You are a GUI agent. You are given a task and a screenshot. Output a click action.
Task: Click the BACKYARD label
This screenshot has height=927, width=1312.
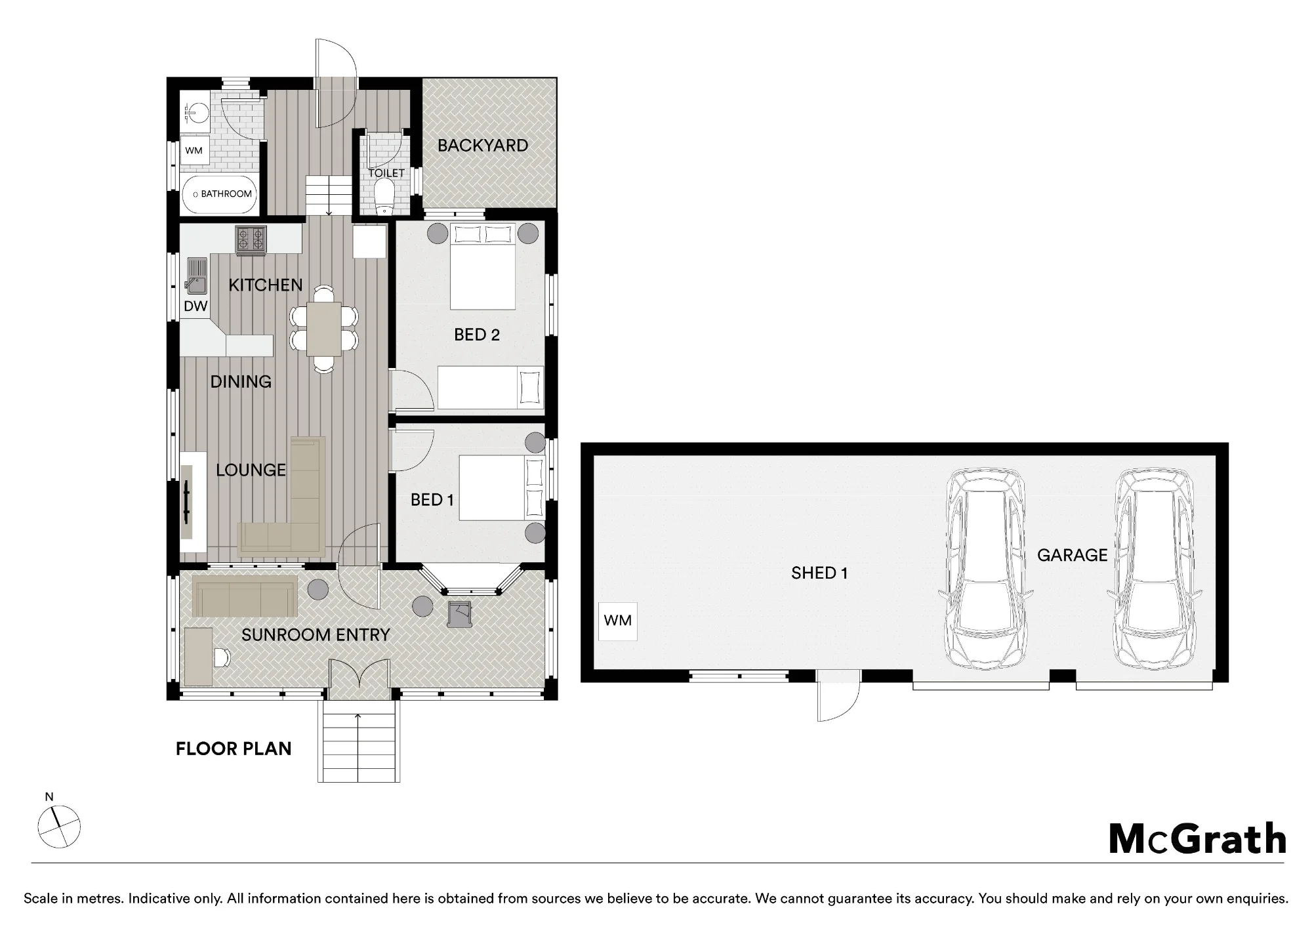483,146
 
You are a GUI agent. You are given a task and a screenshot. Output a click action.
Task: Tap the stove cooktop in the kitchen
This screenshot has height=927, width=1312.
251,239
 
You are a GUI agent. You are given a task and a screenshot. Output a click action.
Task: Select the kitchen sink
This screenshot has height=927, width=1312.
196,276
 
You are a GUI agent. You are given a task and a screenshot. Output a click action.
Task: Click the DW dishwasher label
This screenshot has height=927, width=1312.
195,306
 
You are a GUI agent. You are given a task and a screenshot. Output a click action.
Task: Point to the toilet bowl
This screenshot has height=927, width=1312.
384,197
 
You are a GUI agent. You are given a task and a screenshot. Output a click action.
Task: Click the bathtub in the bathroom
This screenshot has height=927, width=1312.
219,194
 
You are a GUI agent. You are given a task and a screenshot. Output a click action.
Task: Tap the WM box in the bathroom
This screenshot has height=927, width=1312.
194,151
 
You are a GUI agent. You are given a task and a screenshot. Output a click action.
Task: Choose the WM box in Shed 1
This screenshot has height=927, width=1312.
617,621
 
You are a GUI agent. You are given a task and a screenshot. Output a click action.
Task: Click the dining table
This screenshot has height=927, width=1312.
324,329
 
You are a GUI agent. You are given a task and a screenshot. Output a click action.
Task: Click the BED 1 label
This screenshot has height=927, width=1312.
432,500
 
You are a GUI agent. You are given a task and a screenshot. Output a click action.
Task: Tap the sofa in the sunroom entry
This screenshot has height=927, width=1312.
245,596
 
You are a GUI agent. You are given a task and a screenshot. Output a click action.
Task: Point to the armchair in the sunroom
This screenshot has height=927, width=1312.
460,613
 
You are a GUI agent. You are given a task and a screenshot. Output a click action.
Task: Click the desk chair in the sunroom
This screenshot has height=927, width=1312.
222,656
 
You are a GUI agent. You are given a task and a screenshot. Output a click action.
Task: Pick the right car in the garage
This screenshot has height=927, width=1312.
1155,568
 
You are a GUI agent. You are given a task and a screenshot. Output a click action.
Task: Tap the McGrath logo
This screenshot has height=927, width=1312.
1198,839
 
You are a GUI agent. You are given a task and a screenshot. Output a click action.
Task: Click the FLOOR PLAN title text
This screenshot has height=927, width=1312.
234,749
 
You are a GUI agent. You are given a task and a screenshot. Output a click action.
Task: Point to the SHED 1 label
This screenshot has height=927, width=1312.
819,573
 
